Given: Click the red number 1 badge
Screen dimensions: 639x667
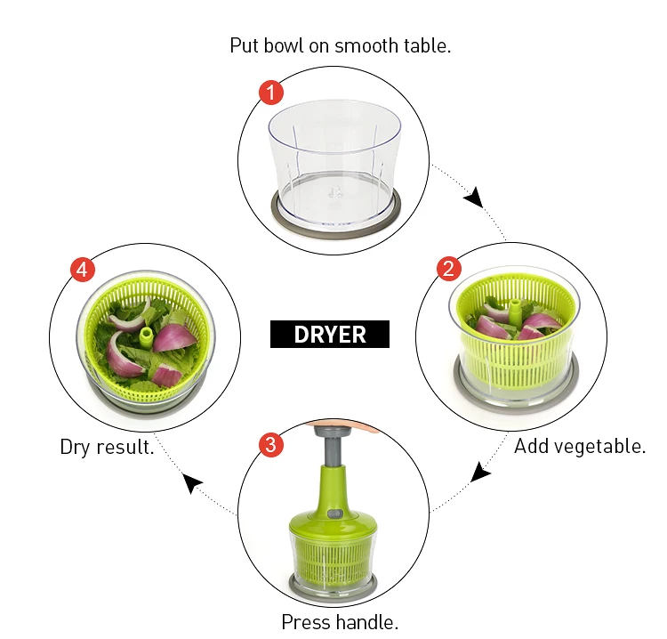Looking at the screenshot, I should pyautogui.click(x=270, y=92).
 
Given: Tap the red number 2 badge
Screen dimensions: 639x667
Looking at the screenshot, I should pyautogui.click(x=449, y=269).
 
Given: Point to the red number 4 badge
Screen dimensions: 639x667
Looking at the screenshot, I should pyautogui.click(x=82, y=270).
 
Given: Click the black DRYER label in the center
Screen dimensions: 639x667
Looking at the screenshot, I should pyautogui.click(x=330, y=334).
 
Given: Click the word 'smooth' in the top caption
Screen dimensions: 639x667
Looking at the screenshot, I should pyautogui.click(x=366, y=45).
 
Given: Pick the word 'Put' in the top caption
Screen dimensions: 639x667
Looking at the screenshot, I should pyautogui.click(x=245, y=45).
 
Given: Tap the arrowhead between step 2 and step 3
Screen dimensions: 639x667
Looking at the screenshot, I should pyautogui.click(x=480, y=472).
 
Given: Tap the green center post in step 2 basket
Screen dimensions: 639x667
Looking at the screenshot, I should pyautogui.click(x=513, y=312).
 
